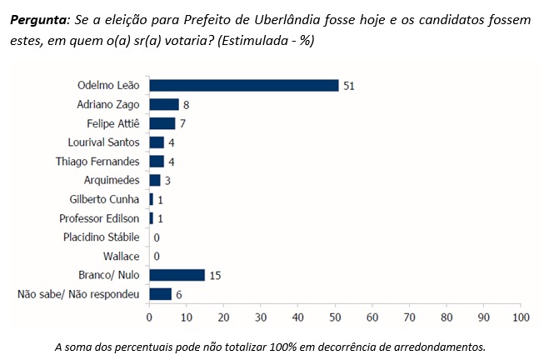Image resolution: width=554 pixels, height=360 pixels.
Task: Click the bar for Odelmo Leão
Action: point(243,85)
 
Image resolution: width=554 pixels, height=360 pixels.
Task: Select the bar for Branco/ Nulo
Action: point(177,274)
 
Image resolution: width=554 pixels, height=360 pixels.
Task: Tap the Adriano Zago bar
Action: point(163,104)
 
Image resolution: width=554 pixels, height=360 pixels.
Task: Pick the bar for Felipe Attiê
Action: point(162,123)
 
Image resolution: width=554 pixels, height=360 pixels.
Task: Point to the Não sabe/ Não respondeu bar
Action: point(160,293)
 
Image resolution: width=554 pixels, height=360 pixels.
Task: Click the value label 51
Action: point(348,85)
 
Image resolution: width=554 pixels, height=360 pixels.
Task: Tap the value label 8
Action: point(186,104)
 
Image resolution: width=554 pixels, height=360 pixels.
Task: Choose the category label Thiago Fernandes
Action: point(98,161)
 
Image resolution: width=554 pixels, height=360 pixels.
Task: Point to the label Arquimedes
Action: point(112,180)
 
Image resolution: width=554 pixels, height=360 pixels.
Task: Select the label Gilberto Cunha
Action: point(106,199)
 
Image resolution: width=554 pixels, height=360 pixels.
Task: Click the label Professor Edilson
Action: point(100,217)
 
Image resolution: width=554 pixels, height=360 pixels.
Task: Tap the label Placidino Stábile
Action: point(102,237)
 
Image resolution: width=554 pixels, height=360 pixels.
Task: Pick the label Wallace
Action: point(121,256)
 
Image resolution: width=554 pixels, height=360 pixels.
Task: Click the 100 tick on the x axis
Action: point(521,317)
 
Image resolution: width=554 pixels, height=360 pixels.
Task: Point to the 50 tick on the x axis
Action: point(335,317)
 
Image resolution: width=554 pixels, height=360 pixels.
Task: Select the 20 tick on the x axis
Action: point(223,317)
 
